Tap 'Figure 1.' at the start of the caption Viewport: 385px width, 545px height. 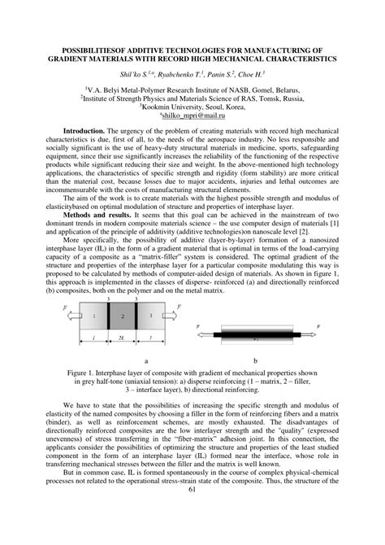(x=81, y=371)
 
